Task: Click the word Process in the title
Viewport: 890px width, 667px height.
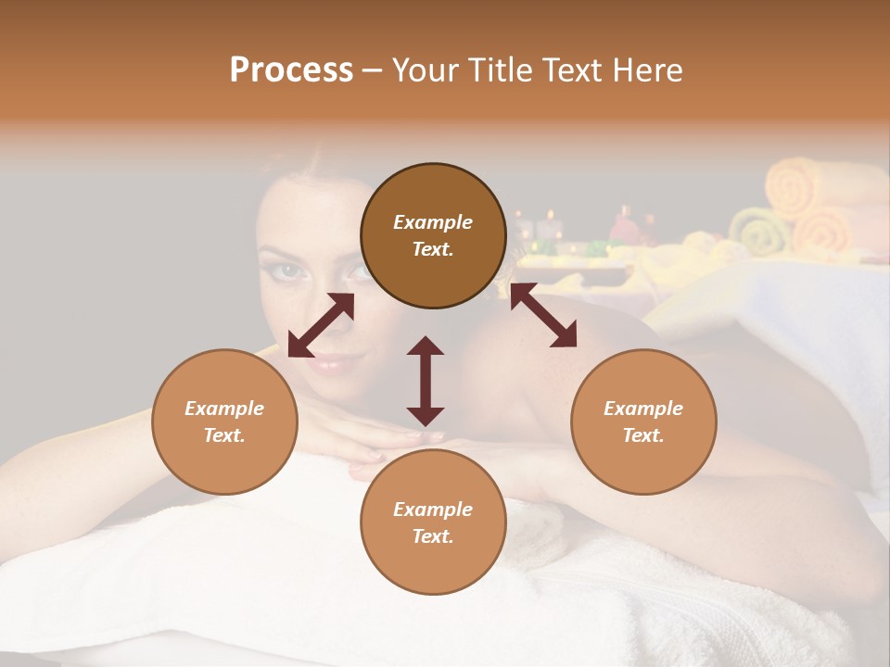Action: (291, 70)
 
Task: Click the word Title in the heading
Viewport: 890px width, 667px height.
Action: (497, 70)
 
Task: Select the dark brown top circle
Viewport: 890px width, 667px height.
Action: (433, 235)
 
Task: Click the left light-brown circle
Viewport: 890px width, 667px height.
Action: (224, 422)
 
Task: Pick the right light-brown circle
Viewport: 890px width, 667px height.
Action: (643, 422)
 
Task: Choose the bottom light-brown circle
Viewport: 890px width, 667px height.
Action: (433, 522)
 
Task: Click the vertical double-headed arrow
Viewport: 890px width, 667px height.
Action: (426, 381)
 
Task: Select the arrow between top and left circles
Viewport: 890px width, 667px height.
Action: (321, 325)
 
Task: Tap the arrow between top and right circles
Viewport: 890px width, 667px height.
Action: (543, 316)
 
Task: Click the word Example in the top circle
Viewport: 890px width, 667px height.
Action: (433, 222)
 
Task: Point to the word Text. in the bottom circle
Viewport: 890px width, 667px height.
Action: (433, 536)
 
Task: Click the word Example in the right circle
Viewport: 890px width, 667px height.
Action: (643, 409)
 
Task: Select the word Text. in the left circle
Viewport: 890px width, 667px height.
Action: (224, 435)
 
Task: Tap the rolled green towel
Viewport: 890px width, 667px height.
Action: (757, 232)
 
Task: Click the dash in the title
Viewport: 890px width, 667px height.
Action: (373, 70)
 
